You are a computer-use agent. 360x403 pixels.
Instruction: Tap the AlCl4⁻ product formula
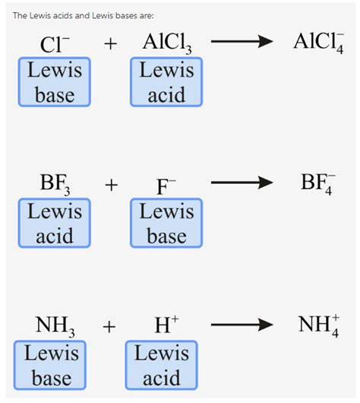pos(317,43)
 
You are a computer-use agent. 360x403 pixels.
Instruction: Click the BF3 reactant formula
pos(55,185)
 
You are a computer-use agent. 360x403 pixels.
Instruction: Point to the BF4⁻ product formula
pos(317,184)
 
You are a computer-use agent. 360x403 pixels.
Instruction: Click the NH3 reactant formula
pos(55,327)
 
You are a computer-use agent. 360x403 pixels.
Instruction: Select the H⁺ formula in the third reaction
pos(166,326)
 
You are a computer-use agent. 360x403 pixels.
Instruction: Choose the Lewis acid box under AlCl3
pos(166,83)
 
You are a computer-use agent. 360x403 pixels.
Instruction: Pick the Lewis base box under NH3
pos(51,365)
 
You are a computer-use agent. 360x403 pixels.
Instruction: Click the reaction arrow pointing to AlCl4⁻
pos(241,43)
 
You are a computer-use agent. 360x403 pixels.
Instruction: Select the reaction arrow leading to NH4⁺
pos(241,326)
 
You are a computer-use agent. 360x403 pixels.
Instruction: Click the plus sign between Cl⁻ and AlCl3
pos(111,44)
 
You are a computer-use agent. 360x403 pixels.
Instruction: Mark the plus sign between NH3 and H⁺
pos(110,327)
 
